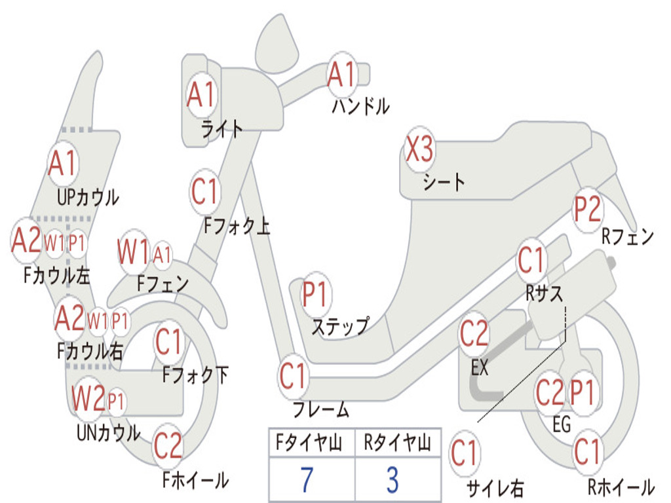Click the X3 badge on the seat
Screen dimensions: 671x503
point(420,149)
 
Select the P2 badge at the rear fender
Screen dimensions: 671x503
point(588,210)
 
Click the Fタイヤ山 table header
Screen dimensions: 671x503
point(309,442)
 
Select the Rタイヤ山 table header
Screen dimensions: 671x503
point(398,442)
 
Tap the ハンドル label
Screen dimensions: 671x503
point(361,105)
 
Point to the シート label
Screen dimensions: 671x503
point(444,182)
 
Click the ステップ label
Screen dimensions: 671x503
point(340,327)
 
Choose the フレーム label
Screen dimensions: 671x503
point(321,409)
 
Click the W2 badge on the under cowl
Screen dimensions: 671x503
point(88,398)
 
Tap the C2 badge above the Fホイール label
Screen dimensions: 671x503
point(168,446)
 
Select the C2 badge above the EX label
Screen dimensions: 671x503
point(474,334)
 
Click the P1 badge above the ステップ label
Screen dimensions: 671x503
point(315,294)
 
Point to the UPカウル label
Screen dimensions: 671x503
point(88,198)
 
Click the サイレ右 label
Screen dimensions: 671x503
point(495,489)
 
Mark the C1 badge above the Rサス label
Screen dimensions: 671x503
point(531,260)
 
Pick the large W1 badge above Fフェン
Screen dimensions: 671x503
point(134,251)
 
